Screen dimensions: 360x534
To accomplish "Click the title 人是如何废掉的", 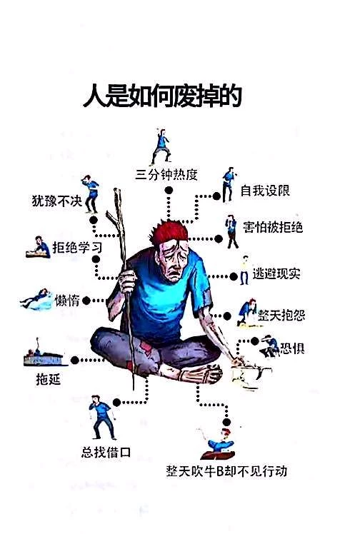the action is [162, 96].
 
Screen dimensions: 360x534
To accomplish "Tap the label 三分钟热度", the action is [166, 175].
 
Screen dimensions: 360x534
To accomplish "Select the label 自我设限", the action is [265, 191].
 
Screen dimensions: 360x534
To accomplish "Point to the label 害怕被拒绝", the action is [273, 227].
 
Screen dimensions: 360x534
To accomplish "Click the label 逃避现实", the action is [276, 273].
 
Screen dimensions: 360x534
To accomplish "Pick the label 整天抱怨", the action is [281, 315].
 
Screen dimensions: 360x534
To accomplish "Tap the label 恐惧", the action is [292, 348].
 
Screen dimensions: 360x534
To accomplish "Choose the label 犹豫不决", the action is [57, 201].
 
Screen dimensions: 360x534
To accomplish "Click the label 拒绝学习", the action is [77, 247].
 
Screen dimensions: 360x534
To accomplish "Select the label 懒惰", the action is [67, 301].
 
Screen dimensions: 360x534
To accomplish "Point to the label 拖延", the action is [49, 378].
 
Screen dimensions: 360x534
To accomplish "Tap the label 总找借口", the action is [106, 453].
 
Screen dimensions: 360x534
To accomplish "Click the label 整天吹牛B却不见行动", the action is [226, 471].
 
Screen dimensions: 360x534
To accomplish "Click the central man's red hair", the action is [169, 231].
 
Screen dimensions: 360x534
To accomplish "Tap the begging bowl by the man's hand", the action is [250, 374].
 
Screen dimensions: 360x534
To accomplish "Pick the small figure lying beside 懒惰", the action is [36, 300].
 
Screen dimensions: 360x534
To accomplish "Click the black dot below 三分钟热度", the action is [169, 191].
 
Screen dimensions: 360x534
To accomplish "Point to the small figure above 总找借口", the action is [102, 417].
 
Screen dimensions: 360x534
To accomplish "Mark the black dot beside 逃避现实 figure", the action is [234, 276].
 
